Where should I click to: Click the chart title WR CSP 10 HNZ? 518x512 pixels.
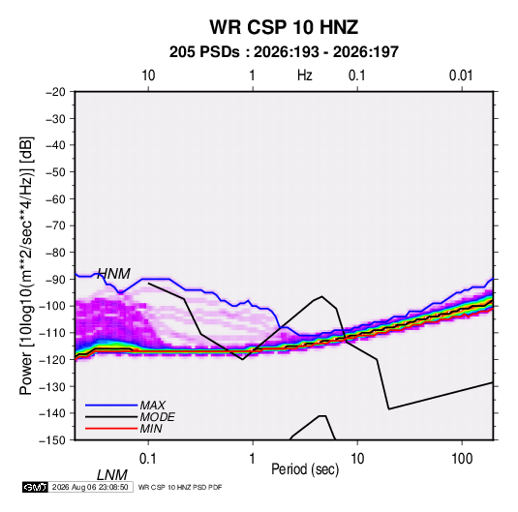284,27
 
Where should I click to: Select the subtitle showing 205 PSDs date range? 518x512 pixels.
284,52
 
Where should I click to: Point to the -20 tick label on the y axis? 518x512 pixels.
55,92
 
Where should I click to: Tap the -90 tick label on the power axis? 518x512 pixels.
55,279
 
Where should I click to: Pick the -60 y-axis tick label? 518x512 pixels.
55,198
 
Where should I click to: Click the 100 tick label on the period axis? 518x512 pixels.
462,459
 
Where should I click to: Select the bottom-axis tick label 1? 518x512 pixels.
253,459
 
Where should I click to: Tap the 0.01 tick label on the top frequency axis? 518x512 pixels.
461,75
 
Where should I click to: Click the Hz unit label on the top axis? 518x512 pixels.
305,75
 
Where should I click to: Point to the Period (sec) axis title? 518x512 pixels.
305,469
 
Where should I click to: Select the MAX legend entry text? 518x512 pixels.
153,405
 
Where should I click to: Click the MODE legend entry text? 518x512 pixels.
157,417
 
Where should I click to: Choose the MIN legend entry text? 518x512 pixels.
151,429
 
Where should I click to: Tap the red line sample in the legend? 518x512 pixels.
111,429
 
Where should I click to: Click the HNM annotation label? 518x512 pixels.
113,274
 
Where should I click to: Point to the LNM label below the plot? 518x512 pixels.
112,475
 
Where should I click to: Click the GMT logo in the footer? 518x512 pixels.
35,487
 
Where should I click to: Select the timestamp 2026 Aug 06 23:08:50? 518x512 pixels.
90,487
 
